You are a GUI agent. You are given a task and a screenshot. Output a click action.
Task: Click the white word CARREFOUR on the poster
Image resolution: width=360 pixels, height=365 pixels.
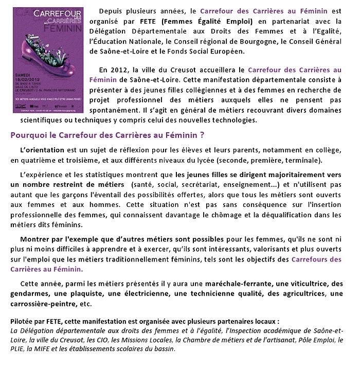pos(46,16)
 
